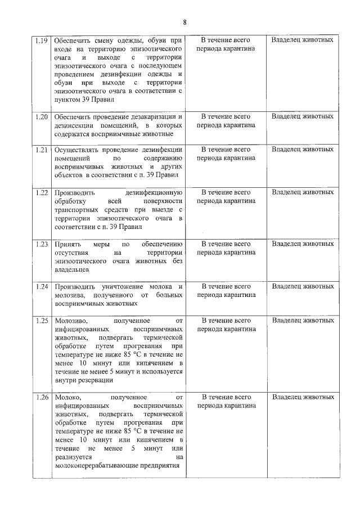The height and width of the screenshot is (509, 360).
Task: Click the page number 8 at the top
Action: (x=184, y=22)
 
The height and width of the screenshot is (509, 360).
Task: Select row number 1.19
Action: (x=40, y=40)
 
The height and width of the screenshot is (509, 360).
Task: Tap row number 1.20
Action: (x=40, y=116)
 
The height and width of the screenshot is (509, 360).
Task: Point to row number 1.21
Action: (x=40, y=150)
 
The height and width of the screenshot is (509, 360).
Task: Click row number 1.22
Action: (x=40, y=192)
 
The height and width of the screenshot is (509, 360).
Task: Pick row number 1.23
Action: (x=40, y=244)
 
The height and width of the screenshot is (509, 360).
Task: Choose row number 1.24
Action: (x=40, y=286)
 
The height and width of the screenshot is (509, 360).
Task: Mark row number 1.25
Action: (x=40, y=321)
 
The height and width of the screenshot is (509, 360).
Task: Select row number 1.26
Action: (x=40, y=397)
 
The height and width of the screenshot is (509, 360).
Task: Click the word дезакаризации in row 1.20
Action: (x=147, y=116)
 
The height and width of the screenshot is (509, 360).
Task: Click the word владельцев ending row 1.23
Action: (x=71, y=270)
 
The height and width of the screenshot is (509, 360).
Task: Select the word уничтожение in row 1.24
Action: (x=119, y=286)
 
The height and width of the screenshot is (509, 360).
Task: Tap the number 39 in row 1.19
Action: (x=85, y=100)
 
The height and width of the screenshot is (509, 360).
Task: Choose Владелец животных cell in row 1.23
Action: (x=302, y=244)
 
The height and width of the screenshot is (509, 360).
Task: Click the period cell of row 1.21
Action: (x=226, y=154)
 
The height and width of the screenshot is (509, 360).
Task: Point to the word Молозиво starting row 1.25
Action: (x=70, y=321)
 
